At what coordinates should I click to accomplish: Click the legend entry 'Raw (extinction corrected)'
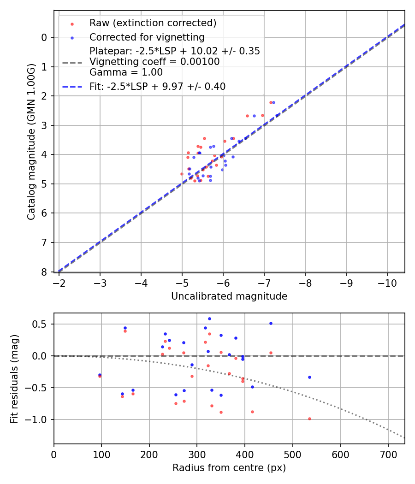click(x=153, y=23)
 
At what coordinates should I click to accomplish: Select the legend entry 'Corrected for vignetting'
click(x=147, y=37)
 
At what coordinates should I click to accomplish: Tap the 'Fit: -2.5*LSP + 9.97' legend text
click(x=157, y=86)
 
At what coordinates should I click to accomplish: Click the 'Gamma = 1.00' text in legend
click(x=126, y=72)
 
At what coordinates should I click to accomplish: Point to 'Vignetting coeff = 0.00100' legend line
click(x=154, y=61)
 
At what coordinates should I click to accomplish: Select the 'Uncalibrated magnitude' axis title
click(x=229, y=296)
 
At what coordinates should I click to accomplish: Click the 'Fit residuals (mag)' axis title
click(x=14, y=378)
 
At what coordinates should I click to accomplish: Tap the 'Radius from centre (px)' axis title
click(x=229, y=468)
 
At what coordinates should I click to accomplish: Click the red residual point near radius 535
click(x=309, y=419)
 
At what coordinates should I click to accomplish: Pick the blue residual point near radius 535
click(x=309, y=377)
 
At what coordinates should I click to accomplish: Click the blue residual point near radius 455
click(x=271, y=323)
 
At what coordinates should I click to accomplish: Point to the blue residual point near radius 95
click(x=100, y=375)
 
